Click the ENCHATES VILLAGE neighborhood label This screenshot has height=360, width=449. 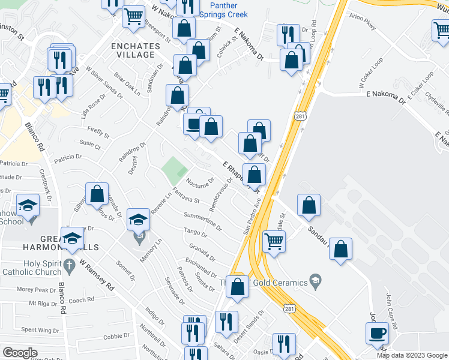coord(133,50)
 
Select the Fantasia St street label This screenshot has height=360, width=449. coord(185,195)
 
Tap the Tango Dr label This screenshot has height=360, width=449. coord(195,233)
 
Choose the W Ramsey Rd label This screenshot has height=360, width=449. coord(97,275)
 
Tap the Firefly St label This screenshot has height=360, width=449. coord(98,131)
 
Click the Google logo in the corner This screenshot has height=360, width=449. coord(20,353)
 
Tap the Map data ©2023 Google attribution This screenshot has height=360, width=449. coord(412,355)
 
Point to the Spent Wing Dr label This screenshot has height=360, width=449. coord(37,330)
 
